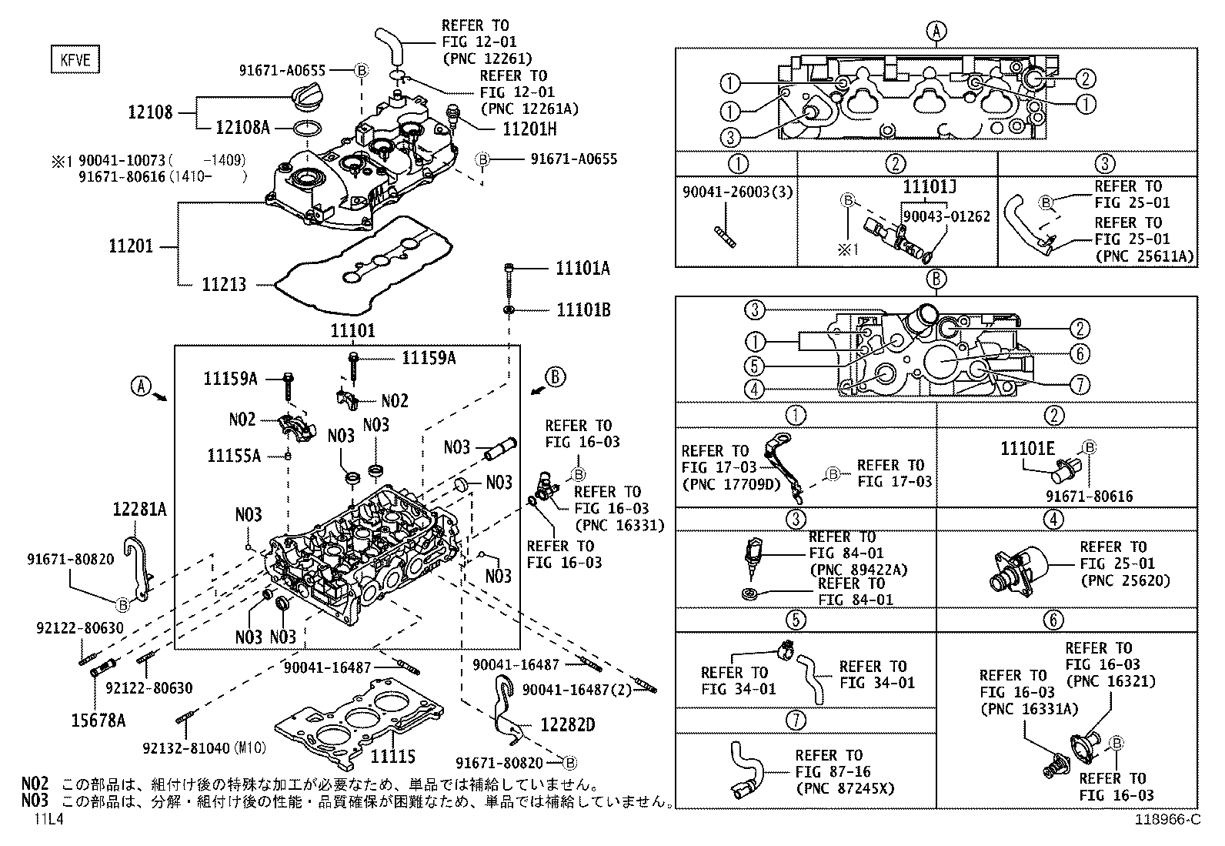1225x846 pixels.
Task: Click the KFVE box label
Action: point(75,59)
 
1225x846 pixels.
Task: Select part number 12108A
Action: point(242,127)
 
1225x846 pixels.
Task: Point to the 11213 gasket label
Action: point(224,285)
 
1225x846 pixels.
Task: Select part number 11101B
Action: point(582,309)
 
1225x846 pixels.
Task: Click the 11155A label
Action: point(234,456)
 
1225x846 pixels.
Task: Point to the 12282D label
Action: point(568,725)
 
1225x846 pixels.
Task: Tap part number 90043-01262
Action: point(946,216)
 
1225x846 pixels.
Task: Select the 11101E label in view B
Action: point(1028,448)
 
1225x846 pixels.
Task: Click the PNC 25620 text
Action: point(1125,580)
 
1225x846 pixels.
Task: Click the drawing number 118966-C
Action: point(1167,820)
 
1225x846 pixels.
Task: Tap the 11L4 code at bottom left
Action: point(48,820)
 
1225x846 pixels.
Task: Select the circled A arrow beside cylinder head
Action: point(140,386)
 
